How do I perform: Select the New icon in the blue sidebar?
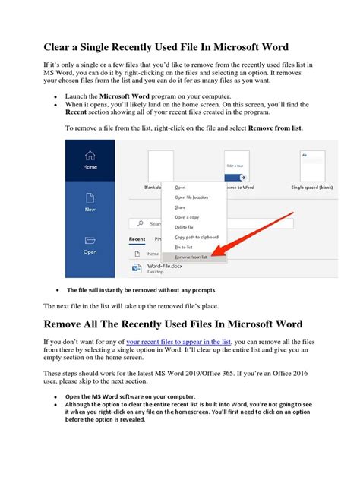pos(90,200)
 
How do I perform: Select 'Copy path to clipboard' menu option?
pos(196,237)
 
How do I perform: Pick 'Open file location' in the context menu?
pos(191,197)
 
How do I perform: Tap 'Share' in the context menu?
pos(180,207)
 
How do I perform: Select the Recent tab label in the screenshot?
pos(137,239)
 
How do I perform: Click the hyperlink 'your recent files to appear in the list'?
pos(178,343)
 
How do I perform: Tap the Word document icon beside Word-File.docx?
pos(137,269)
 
